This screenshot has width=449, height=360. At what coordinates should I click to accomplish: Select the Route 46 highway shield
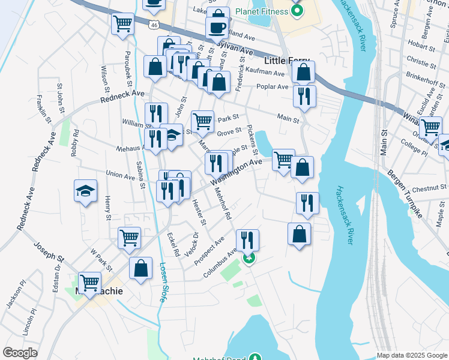pyautogui.click(x=155, y=25)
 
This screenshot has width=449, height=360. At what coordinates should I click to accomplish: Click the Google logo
pyautogui.click(x=20, y=353)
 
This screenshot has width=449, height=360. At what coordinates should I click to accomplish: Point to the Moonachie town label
pyautogui.click(x=100, y=291)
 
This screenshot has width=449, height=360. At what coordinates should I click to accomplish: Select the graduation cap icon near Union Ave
pyautogui.click(x=85, y=191)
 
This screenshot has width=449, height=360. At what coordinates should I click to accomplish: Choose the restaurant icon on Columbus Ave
pyautogui.click(x=247, y=241)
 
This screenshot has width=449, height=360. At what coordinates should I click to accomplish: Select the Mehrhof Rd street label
pyautogui.click(x=222, y=205)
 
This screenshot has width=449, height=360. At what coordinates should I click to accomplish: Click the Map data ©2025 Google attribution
pyautogui.click(x=412, y=355)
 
